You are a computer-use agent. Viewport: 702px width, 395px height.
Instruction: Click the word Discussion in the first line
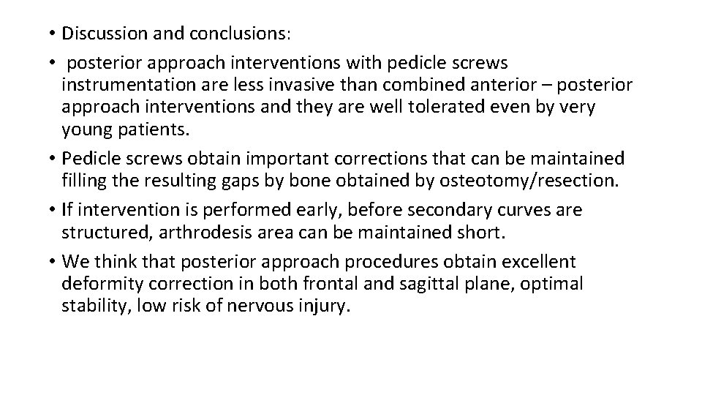tap(102, 34)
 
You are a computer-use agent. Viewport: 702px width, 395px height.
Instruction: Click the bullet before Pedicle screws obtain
tap(55, 159)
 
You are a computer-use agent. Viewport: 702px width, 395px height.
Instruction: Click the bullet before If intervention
tap(55, 211)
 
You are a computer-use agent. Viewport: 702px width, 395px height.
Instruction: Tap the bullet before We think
tap(55, 262)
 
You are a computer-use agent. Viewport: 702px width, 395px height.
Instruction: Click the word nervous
tap(265, 306)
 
